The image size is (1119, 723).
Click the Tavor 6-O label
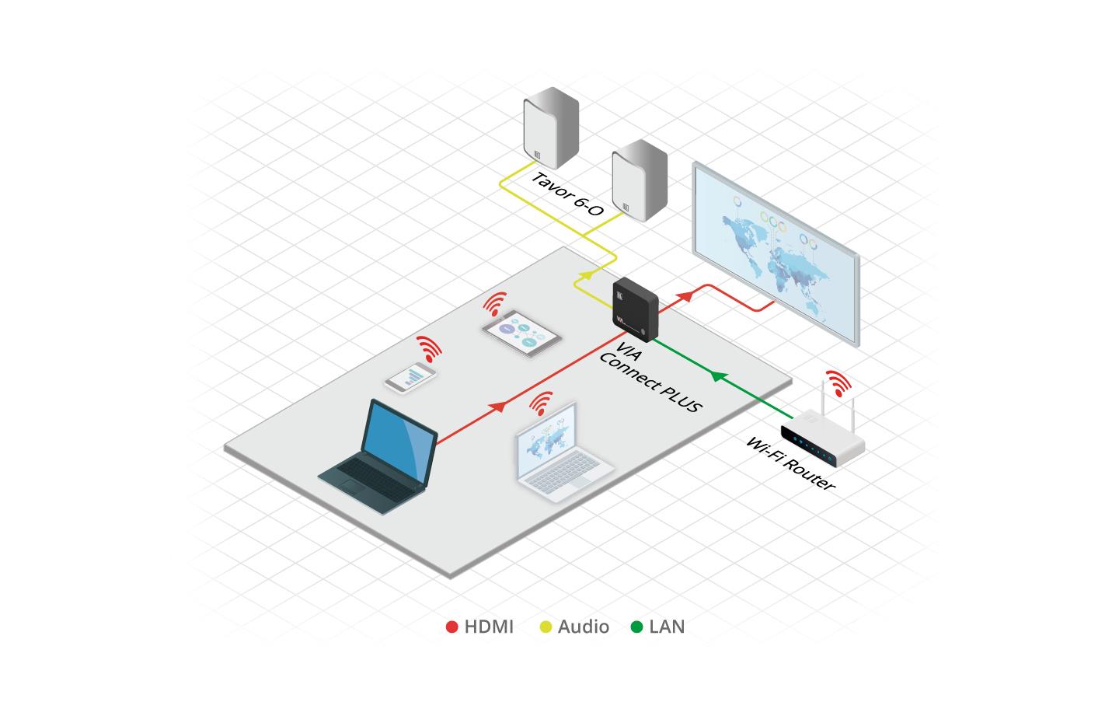point(567,194)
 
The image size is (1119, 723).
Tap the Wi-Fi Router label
point(790,463)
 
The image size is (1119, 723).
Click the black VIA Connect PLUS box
point(636,309)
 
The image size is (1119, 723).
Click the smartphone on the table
point(410,378)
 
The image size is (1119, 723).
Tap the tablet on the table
point(521,333)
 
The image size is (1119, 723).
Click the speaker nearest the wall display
point(640,180)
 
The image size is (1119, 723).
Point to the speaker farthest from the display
point(552,128)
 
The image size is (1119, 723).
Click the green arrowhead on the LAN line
point(718,375)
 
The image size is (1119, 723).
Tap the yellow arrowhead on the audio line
point(585,274)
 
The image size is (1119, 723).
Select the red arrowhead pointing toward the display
point(685,295)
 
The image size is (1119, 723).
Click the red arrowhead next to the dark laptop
point(499,407)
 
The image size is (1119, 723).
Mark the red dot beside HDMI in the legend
point(451,627)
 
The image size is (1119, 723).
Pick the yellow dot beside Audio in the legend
point(546,627)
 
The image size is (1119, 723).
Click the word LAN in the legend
point(667,627)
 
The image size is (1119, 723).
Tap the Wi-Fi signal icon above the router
point(838,383)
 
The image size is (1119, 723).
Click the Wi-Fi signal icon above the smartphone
point(429,349)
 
